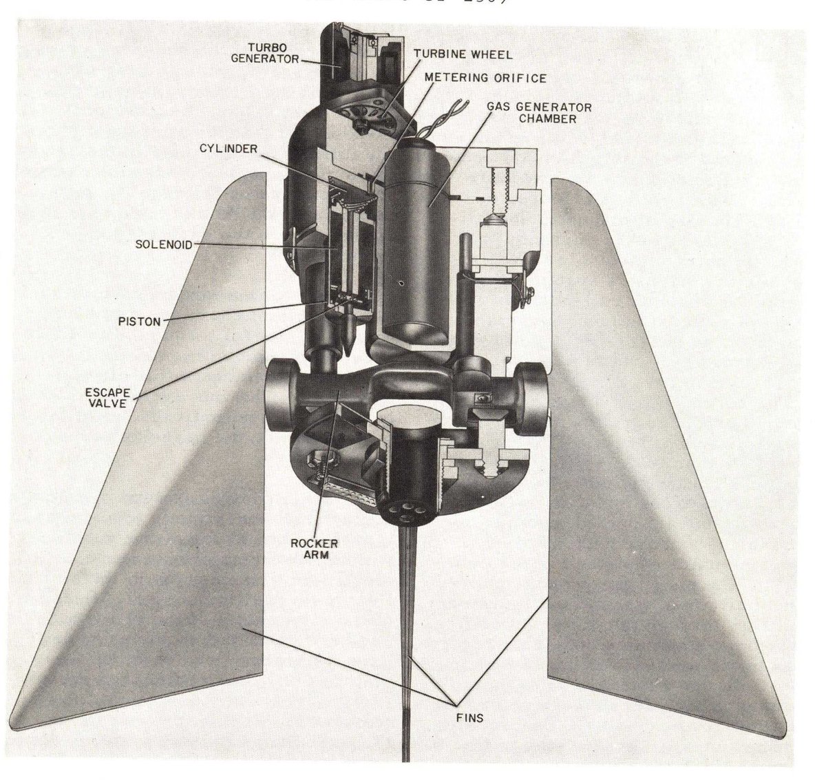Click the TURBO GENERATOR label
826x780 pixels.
(x=274, y=52)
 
